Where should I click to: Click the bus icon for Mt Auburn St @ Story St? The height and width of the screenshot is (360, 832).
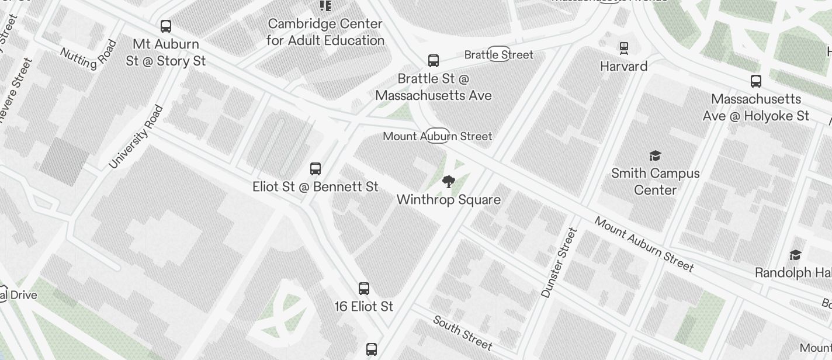point(166,26)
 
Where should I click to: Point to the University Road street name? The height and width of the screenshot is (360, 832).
point(136,137)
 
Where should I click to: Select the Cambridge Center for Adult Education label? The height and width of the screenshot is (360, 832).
point(325,32)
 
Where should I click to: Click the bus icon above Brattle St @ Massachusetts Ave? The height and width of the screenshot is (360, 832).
point(434,61)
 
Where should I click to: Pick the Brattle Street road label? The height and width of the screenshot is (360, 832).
point(498,54)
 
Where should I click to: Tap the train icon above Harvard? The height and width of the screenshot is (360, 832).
point(624,48)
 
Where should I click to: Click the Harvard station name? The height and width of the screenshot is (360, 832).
point(624,66)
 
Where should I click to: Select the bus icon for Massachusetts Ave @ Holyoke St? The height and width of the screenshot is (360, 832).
point(755,81)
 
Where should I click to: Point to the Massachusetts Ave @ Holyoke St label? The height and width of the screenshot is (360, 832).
point(755,108)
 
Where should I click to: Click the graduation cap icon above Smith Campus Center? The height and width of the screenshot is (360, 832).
point(655,155)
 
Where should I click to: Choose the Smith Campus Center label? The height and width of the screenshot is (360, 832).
point(655,182)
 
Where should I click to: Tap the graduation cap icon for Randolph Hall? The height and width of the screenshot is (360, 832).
point(795,255)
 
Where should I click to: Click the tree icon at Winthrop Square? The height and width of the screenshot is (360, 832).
point(448,182)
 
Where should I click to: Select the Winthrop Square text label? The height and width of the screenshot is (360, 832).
point(448,200)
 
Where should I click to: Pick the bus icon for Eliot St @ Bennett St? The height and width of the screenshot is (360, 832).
point(316,169)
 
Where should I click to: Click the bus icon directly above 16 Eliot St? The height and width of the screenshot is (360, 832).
point(363,288)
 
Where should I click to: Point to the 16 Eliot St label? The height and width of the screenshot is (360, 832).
point(363,306)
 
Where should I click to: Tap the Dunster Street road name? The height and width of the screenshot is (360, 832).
point(559,263)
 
